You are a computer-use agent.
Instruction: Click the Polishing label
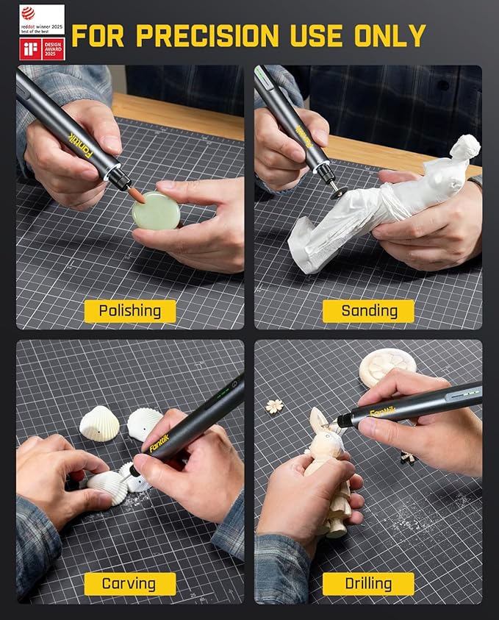point(129,311)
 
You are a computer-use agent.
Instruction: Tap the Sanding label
point(368,311)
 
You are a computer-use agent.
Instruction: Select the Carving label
point(129,584)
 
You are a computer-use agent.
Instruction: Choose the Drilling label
point(368,584)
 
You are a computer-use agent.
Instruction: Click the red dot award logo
point(42,19)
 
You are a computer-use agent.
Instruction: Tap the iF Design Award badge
point(42,49)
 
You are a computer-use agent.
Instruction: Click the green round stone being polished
point(156,210)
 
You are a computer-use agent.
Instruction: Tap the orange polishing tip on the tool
point(137,194)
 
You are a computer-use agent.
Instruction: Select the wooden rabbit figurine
point(329,471)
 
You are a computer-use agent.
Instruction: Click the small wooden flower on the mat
point(275,406)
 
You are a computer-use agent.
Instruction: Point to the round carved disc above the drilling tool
point(387,366)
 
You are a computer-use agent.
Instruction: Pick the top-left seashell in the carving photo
point(99,424)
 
